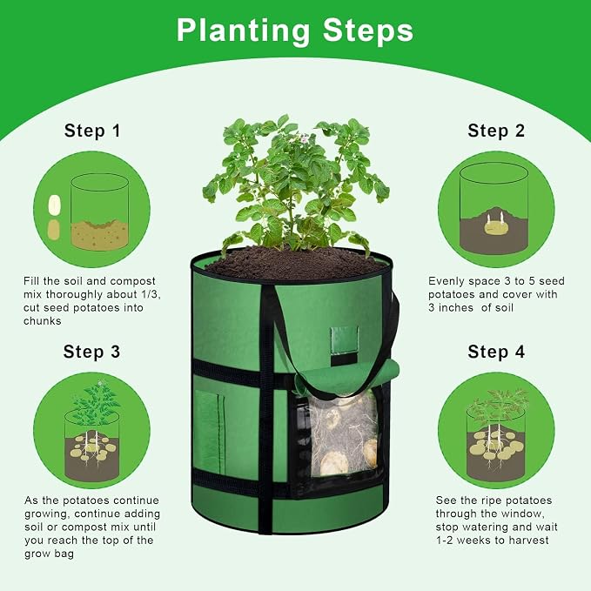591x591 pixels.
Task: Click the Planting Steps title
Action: tap(295, 30)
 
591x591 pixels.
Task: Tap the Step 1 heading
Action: tap(92, 131)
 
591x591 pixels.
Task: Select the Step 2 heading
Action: tap(496, 131)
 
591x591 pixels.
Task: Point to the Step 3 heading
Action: tap(91, 352)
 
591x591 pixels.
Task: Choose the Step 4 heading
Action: tap(496, 352)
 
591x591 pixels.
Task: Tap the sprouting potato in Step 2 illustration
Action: tap(495, 227)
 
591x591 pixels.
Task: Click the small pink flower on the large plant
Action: tap(304, 140)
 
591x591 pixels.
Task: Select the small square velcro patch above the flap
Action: tap(344, 340)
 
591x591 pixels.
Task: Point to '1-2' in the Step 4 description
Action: tap(445, 541)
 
